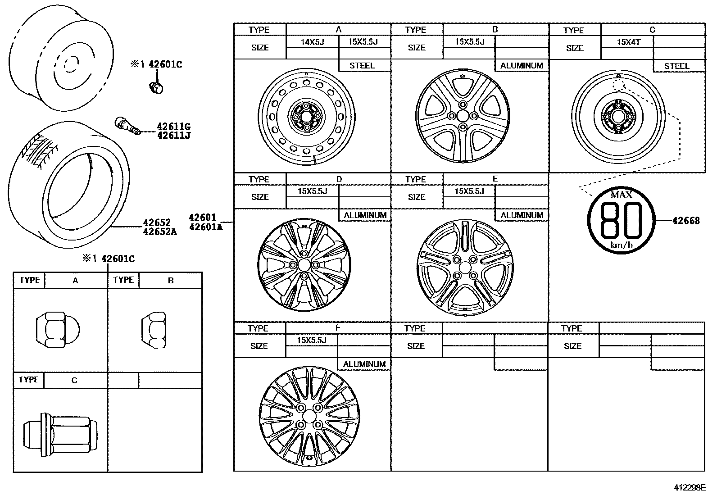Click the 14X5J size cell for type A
(x=313, y=42)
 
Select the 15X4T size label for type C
(x=628, y=42)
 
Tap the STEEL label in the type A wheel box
(x=362, y=66)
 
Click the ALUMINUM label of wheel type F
(x=364, y=364)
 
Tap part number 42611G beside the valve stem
(x=173, y=127)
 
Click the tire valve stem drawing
(x=127, y=126)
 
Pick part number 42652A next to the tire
(x=159, y=232)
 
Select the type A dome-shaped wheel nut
(x=57, y=330)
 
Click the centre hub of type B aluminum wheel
(x=463, y=116)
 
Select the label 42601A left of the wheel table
(x=205, y=227)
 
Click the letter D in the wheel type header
(x=339, y=179)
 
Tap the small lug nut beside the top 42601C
(x=156, y=88)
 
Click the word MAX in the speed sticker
(x=621, y=195)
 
